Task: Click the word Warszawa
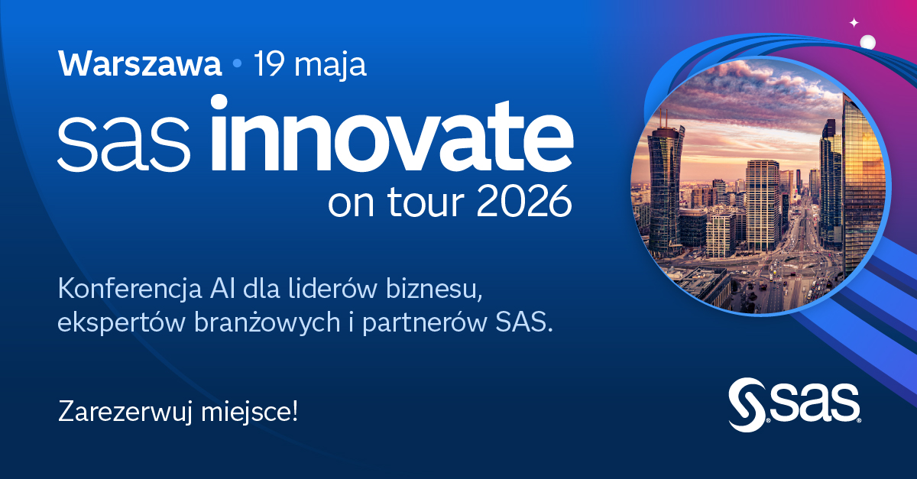click(140, 65)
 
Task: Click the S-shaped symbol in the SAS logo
click(746, 403)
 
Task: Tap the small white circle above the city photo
click(867, 42)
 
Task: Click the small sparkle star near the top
click(854, 23)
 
